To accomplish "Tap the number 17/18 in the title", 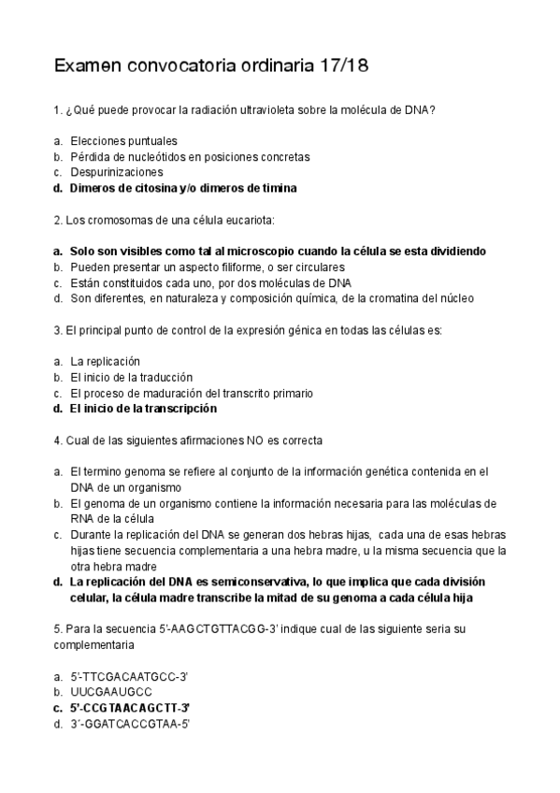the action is click(345, 65).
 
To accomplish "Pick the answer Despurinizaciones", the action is click(117, 172).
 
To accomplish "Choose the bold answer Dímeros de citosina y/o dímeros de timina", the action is click(183, 188).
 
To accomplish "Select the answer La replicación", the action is click(105, 361).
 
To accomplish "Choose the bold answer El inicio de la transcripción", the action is click(143, 409).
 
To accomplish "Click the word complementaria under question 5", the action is click(94, 644).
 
